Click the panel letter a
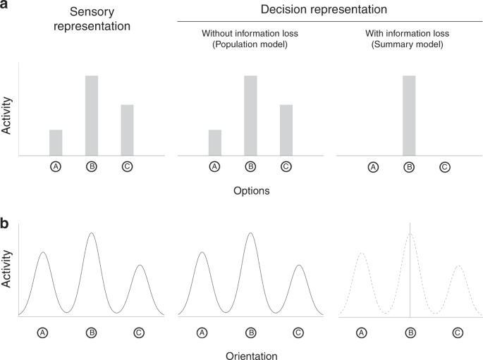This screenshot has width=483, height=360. point(5,6)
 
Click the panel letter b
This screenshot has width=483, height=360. point(5,225)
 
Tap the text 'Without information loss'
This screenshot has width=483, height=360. point(250,32)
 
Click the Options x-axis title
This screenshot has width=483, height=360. point(251,190)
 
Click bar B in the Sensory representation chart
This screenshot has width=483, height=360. point(92,115)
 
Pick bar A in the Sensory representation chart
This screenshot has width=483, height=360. point(56,142)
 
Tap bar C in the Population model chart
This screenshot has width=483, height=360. point(286,130)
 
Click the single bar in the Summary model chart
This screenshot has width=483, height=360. point(409,115)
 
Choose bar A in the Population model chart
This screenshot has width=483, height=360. point(215,142)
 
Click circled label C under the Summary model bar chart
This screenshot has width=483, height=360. point(445,167)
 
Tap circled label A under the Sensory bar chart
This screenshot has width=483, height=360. point(56,167)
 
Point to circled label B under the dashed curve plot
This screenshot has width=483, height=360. point(410,332)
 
